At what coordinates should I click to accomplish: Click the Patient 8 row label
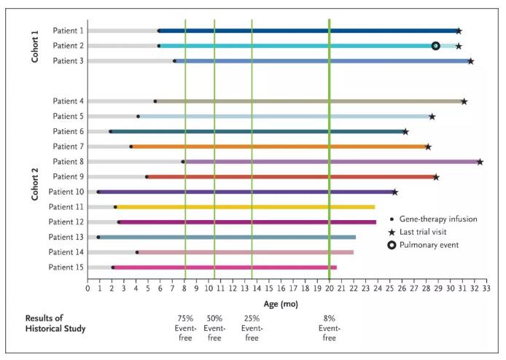click(x=68, y=161)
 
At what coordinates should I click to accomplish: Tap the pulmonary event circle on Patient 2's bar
click(x=435, y=46)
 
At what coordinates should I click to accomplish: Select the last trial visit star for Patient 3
click(x=470, y=60)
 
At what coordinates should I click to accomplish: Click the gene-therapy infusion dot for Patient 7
click(x=131, y=146)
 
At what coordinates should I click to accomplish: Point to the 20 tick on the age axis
click(x=329, y=289)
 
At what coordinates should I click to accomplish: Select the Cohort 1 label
click(x=35, y=46)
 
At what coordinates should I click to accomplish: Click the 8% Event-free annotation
click(x=329, y=328)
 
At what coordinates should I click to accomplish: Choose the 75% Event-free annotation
click(x=185, y=328)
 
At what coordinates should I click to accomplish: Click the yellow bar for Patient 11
click(x=248, y=207)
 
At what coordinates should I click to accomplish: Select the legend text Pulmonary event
click(x=429, y=245)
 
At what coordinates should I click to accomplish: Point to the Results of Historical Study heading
click(x=55, y=323)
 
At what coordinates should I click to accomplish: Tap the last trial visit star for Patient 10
click(x=394, y=192)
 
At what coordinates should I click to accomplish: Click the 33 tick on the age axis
click(x=486, y=289)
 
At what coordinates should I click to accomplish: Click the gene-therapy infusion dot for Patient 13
click(x=98, y=237)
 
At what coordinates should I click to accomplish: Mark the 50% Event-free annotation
click(x=214, y=328)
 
